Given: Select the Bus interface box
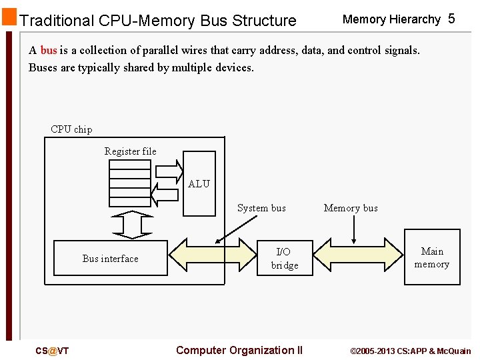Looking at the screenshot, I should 110,259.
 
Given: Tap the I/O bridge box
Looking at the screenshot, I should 284,259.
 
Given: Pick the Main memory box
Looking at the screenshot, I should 432,257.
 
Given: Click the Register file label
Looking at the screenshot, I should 131,151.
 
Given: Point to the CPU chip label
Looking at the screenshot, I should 71,129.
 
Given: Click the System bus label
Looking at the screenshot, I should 261,208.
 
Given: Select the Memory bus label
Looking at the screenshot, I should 351,208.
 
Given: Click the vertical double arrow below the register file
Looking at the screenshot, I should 133,225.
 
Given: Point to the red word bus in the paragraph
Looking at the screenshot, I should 49,50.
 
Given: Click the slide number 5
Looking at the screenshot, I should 451,19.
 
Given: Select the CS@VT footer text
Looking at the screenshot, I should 52,351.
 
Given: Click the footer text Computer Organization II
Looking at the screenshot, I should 239,351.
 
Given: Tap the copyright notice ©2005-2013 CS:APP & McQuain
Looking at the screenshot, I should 410,351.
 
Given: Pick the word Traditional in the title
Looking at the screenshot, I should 57,21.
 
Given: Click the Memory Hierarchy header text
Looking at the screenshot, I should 391,19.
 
